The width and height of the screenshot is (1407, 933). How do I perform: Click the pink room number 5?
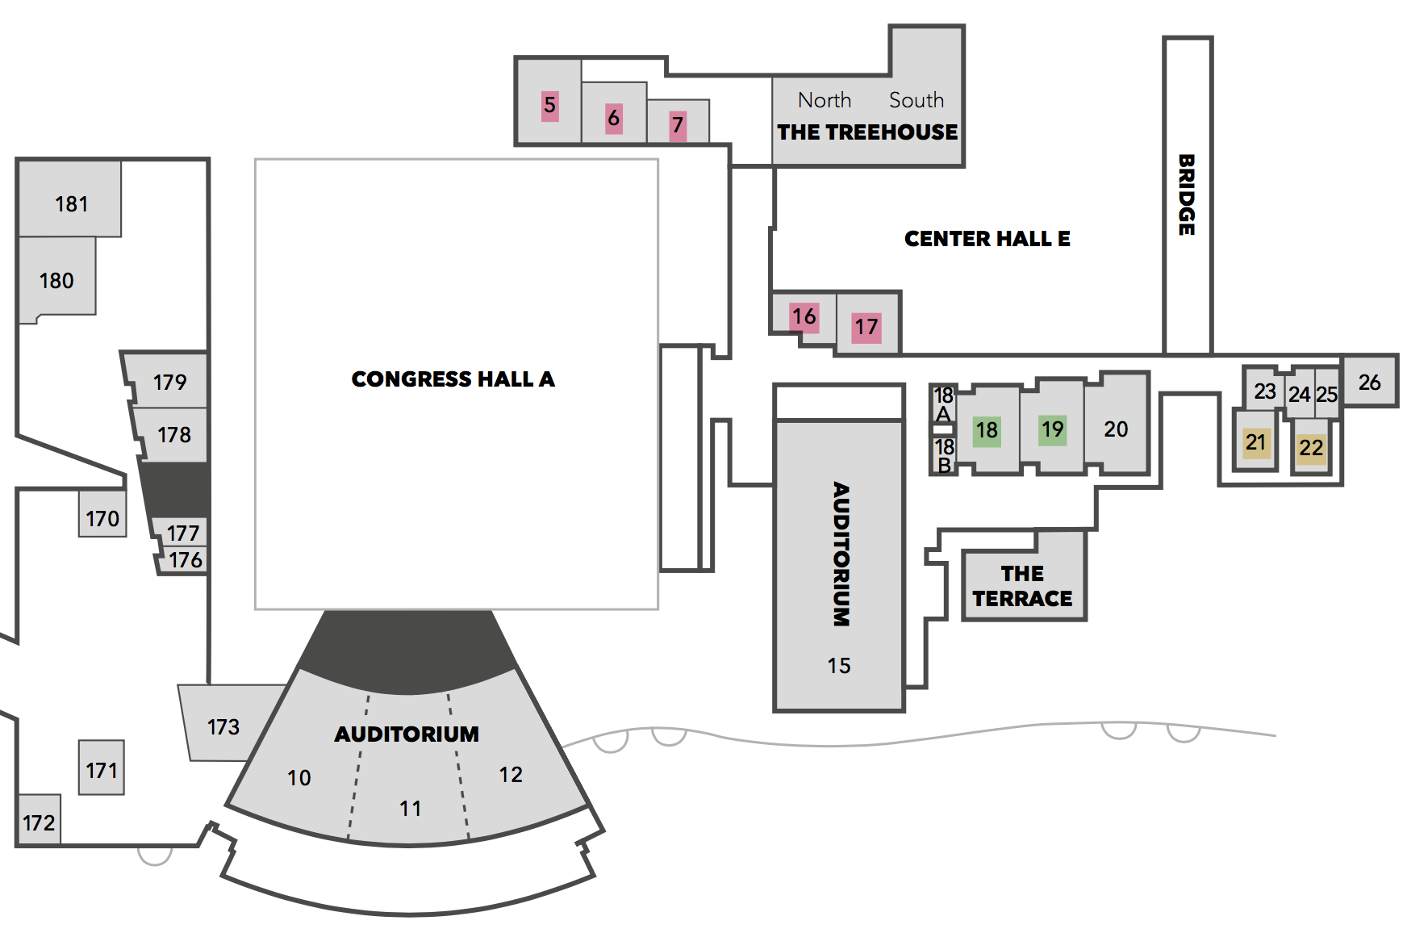[549, 105]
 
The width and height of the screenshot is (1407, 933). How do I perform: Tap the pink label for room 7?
[678, 125]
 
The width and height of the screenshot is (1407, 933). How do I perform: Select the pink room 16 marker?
[804, 316]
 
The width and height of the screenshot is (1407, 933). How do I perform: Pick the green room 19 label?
[1052, 429]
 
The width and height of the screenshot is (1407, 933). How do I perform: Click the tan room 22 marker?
[1311, 447]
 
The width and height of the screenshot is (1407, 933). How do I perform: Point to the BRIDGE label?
[1187, 195]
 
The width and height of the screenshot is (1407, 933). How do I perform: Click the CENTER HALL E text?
[987, 239]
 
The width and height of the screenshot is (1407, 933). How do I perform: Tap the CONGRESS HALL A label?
[453, 379]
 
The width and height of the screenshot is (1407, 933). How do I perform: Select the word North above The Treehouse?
[825, 100]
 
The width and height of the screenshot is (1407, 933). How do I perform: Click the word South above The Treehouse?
[916, 100]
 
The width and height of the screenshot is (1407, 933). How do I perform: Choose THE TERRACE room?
[1023, 585]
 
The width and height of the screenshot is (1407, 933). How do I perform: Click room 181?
[71, 204]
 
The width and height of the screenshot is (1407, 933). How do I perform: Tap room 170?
[102, 518]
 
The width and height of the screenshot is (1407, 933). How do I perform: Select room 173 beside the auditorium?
[223, 726]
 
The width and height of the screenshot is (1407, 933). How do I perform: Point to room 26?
[1369, 383]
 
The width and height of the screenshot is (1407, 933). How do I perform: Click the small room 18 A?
[943, 404]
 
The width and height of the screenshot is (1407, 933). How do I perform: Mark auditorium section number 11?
[410, 808]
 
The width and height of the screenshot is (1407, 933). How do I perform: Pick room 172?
[39, 822]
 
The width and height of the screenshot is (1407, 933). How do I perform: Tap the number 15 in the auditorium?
[838, 665]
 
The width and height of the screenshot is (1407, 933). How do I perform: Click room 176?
[185, 560]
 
